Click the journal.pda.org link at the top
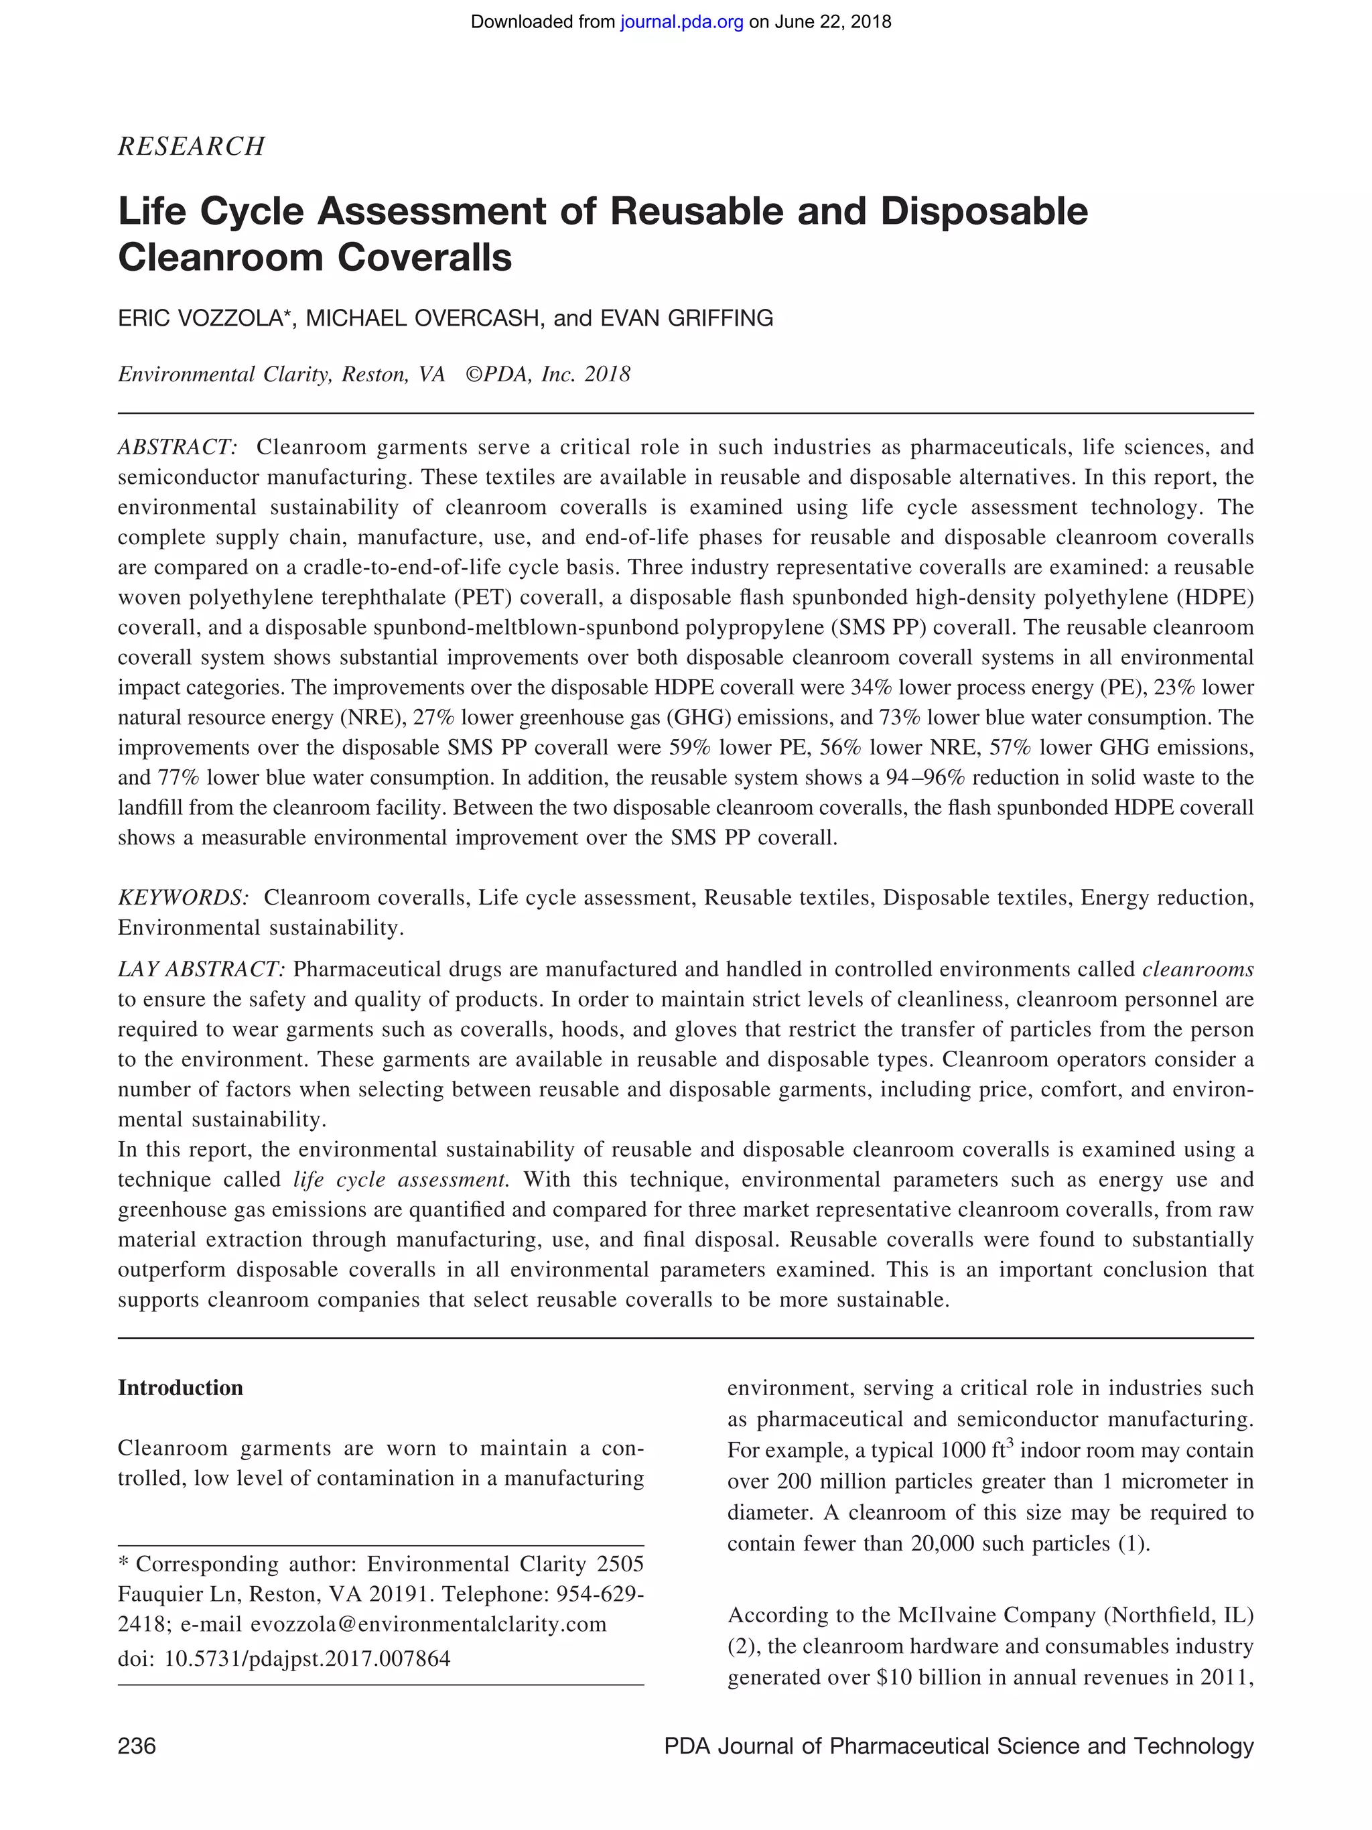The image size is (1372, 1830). (x=681, y=22)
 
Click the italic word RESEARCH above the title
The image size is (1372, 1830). (x=191, y=147)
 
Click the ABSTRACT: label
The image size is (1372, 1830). (x=178, y=448)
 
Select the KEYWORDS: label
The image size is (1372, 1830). (x=183, y=898)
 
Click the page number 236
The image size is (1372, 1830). (x=137, y=1746)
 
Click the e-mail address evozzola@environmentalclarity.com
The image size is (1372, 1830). (x=428, y=1624)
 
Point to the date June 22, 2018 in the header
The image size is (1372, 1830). (x=833, y=22)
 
